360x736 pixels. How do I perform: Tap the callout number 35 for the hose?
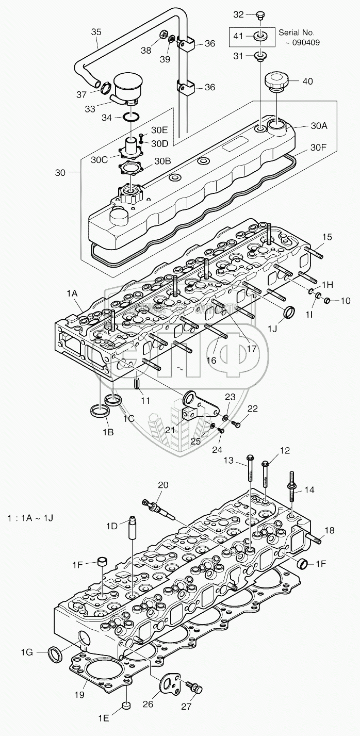click(x=96, y=32)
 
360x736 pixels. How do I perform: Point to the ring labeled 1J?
click(x=290, y=312)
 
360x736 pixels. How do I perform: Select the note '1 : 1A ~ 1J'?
click(x=31, y=516)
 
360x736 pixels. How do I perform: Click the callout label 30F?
click(x=318, y=146)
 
